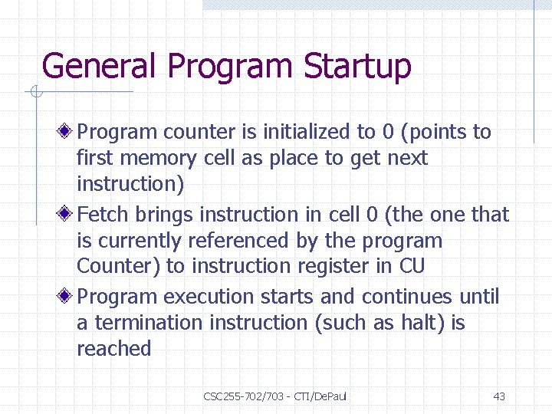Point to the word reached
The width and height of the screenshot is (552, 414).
113,349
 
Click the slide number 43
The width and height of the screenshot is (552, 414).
499,396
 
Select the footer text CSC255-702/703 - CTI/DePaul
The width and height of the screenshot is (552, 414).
275,396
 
